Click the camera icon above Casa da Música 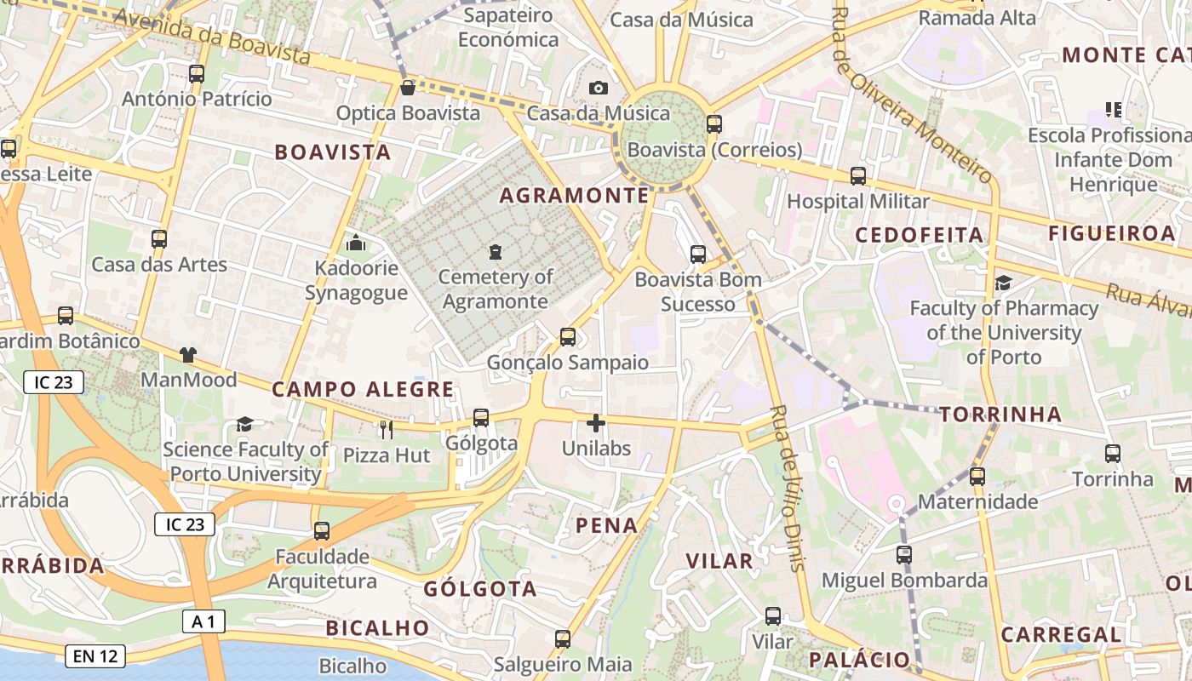(x=599, y=88)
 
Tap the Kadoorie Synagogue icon (x=356, y=243)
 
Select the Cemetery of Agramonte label (x=496, y=289)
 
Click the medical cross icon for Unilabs (x=596, y=422)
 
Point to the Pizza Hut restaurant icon (x=387, y=430)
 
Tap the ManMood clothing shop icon (x=187, y=355)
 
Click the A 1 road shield (x=203, y=622)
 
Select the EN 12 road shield (x=95, y=656)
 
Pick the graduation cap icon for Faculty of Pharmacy (x=1004, y=283)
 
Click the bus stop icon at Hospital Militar (x=858, y=176)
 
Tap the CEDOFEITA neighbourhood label (x=919, y=235)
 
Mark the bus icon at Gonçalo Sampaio (x=568, y=337)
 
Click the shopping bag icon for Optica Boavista (x=408, y=88)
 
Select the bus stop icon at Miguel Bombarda (x=904, y=555)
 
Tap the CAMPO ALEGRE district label (x=363, y=390)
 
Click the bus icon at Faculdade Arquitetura (x=322, y=531)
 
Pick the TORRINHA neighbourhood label (x=1000, y=415)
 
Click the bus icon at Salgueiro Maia (x=562, y=639)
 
